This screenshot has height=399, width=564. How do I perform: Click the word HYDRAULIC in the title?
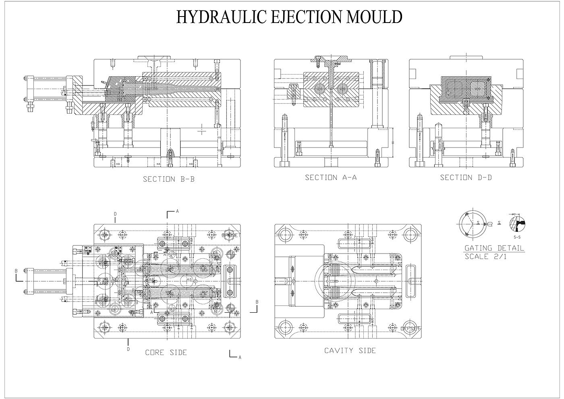click(216, 17)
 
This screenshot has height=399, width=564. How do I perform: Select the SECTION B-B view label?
click(169, 179)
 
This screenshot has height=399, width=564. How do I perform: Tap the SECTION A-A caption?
click(331, 177)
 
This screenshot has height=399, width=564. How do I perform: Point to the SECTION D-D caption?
click(466, 177)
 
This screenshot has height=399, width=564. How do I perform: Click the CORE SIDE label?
click(166, 353)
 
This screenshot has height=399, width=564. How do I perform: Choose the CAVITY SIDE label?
click(350, 351)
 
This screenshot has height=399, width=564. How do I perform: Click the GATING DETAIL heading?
click(494, 248)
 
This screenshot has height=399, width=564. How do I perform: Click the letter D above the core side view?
click(115, 213)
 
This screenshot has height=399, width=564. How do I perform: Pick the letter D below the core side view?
click(128, 349)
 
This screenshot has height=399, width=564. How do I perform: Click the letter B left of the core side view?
click(17, 272)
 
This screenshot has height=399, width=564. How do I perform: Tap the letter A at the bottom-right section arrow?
click(240, 357)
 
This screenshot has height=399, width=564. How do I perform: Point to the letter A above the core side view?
click(177, 211)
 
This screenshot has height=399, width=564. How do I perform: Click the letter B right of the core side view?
click(257, 302)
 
